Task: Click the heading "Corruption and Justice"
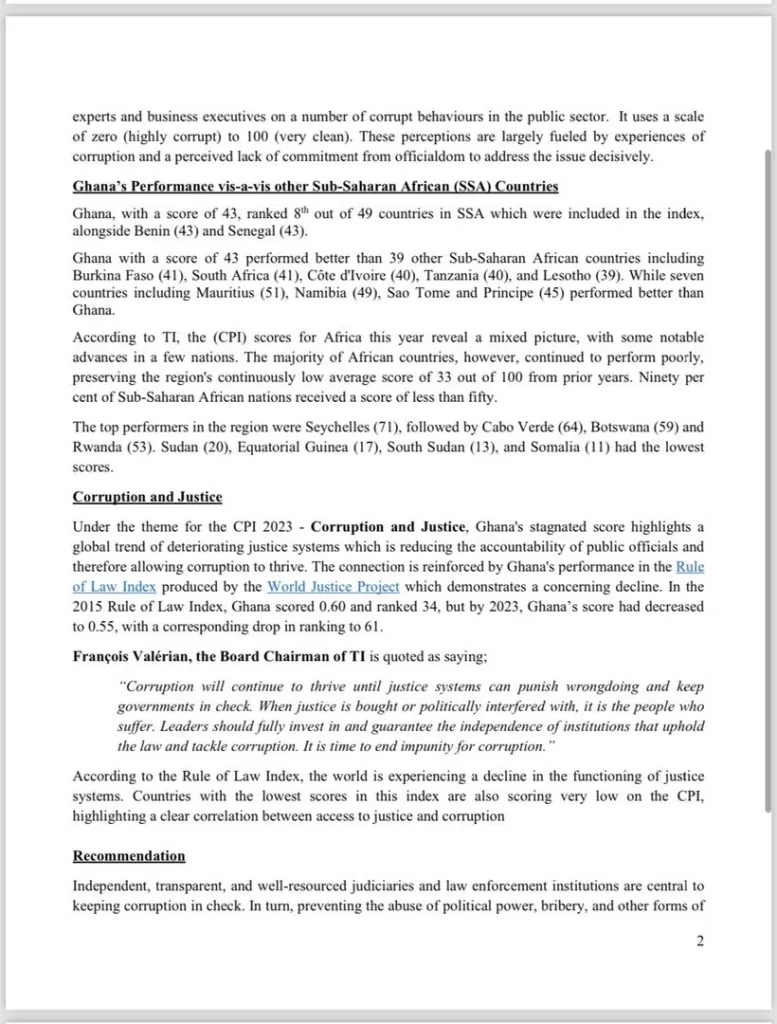[147, 497]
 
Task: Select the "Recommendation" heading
[129, 856]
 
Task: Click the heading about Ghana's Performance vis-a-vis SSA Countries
[315, 186]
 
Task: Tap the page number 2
[700, 940]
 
